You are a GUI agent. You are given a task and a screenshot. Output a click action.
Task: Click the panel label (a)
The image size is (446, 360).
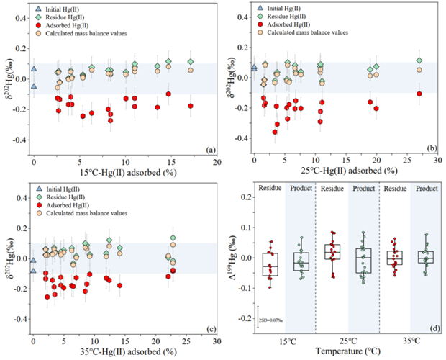[x=209, y=150]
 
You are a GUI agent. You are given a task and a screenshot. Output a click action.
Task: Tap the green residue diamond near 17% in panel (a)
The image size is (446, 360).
[x=191, y=62]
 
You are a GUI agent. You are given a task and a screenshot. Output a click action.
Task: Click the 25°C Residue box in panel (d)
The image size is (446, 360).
[x=332, y=251]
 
